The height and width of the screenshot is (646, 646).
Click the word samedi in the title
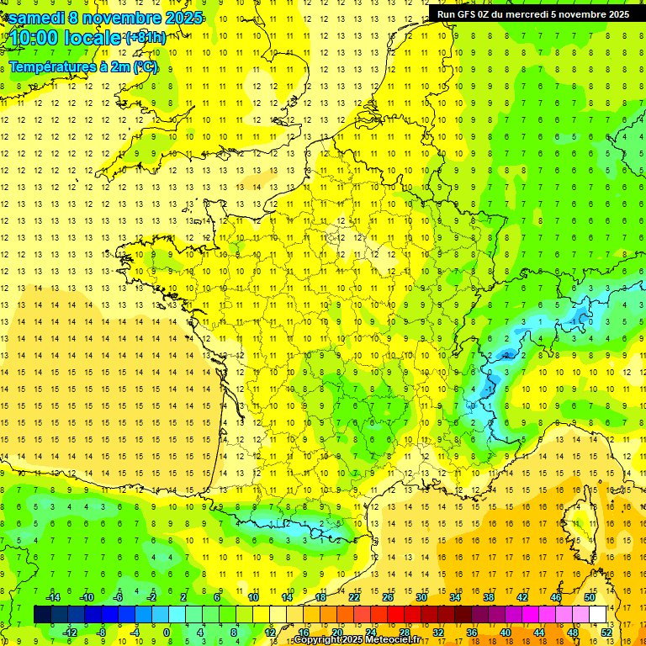(x=37, y=17)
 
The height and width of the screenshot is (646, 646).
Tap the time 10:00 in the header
(x=35, y=38)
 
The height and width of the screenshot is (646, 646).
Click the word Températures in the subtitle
(x=50, y=66)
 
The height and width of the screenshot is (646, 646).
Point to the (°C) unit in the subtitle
(x=144, y=66)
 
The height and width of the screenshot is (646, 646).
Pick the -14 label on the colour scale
(x=52, y=596)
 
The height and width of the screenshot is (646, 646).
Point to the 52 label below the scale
(x=606, y=632)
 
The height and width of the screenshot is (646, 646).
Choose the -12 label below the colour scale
(x=69, y=632)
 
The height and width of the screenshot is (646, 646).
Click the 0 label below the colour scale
(x=167, y=632)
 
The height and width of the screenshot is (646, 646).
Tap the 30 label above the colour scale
(x=421, y=596)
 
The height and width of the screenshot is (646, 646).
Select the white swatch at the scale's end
(x=598, y=614)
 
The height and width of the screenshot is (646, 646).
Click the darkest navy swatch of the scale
(x=42, y=614)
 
